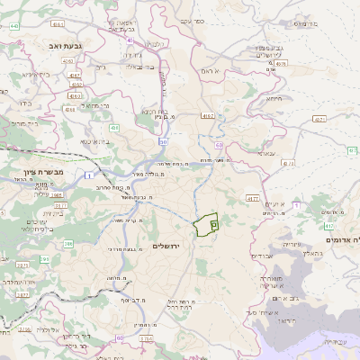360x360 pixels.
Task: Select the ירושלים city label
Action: (x=167, y=246)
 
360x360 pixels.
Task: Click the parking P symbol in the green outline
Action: (x=213, y=223)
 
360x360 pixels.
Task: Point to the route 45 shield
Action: (x=131, y=40)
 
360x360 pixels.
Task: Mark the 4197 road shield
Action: (x=208, y=116)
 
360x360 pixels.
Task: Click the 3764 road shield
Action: (x=147, y=337)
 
